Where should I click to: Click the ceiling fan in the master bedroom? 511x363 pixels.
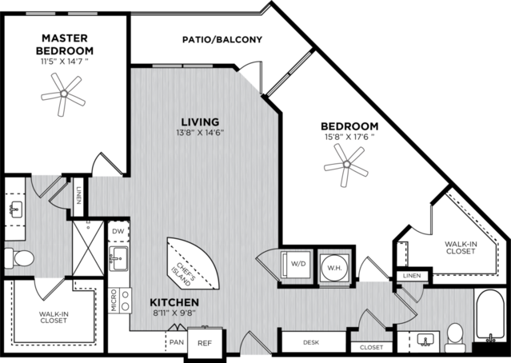(64, 94)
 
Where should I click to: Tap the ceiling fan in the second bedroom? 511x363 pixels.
(346, 165)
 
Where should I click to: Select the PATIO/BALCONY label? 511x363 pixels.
(222, 40)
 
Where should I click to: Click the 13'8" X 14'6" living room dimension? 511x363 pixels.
(200, 133)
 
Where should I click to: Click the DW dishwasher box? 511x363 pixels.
(118, 231)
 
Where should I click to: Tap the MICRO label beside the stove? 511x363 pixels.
(114, 301)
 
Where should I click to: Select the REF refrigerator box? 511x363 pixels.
(205, 343)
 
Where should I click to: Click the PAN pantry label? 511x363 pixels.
(177, 342)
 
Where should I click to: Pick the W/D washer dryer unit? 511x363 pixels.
(296, 264)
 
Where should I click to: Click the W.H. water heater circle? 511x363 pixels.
(334, 268)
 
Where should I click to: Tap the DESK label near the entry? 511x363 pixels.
(311, 342)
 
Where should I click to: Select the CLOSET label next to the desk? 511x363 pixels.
(372, 347)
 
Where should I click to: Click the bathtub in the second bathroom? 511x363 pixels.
(489, 315)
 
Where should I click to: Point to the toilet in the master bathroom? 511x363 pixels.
(19, 257)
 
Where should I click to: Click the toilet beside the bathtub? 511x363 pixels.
(455, 337)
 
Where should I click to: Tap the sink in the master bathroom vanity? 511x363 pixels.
(15, 209)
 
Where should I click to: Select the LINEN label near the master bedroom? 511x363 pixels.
(78, 195)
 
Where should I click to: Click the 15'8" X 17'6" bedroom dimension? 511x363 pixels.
(349, 137)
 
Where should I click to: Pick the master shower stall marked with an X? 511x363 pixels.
(88, 248)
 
